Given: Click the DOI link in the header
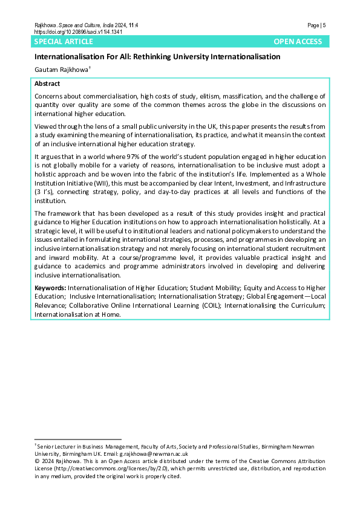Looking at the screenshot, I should pos(78,31).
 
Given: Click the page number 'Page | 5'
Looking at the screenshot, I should pos(316,25).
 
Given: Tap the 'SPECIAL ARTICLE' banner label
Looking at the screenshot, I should pos(64,42).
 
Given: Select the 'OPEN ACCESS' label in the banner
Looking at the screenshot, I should pos(298,42).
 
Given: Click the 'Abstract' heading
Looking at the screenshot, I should pos(47,83).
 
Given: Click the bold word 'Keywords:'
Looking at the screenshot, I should pos(51,288).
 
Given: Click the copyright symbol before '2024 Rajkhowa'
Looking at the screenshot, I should pos(37,461).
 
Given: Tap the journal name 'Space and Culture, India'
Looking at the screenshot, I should pos(90,25).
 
